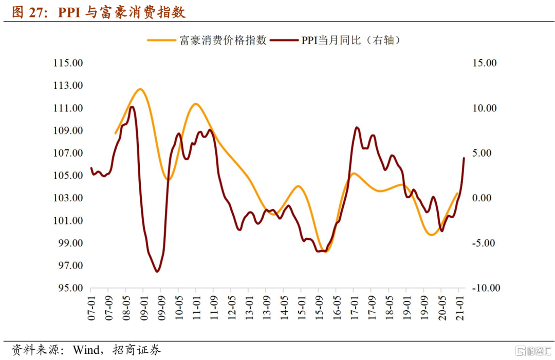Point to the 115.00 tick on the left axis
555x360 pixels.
pos(68,63)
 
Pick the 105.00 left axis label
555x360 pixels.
pos(68,176)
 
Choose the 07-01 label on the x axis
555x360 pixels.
pos(92,308)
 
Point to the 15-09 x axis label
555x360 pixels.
pos(319,308)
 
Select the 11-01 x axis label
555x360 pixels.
pos(197,308)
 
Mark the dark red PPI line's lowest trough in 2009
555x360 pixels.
pos(157,271)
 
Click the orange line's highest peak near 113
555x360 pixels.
pos(140,89)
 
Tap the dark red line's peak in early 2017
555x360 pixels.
pos(357,127)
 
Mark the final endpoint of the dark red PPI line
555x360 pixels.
pos(464,158)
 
